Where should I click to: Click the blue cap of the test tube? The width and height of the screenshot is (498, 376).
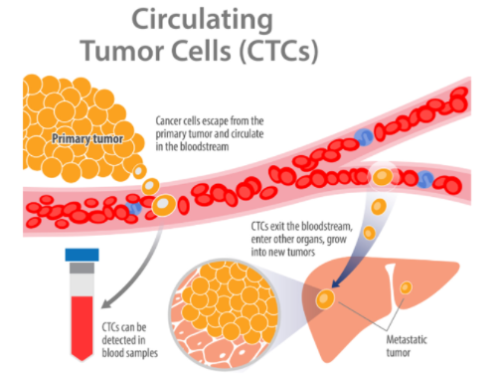81,255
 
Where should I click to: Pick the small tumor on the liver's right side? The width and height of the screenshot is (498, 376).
406,288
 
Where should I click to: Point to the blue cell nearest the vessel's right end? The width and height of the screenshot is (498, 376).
428,179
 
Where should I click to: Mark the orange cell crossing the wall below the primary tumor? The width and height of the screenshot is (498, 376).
150,186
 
